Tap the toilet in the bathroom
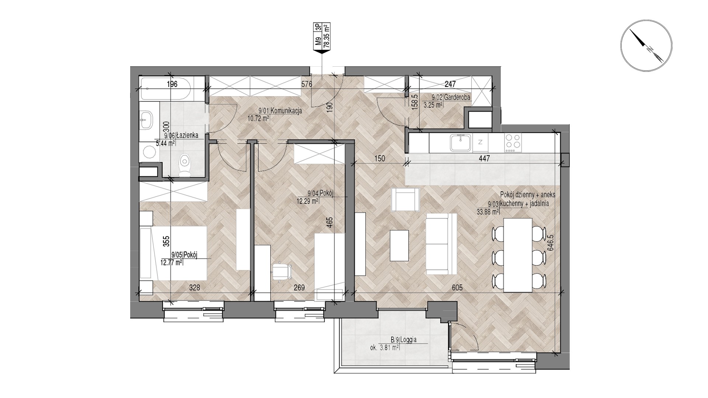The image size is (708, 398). coord(184,165)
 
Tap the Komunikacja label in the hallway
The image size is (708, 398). coord(287,111)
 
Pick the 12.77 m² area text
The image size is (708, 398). coord(171,262)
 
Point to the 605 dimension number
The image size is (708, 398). coord(456,287)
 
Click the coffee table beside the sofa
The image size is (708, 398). coord(400,245)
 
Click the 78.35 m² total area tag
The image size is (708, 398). coord(326,36)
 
